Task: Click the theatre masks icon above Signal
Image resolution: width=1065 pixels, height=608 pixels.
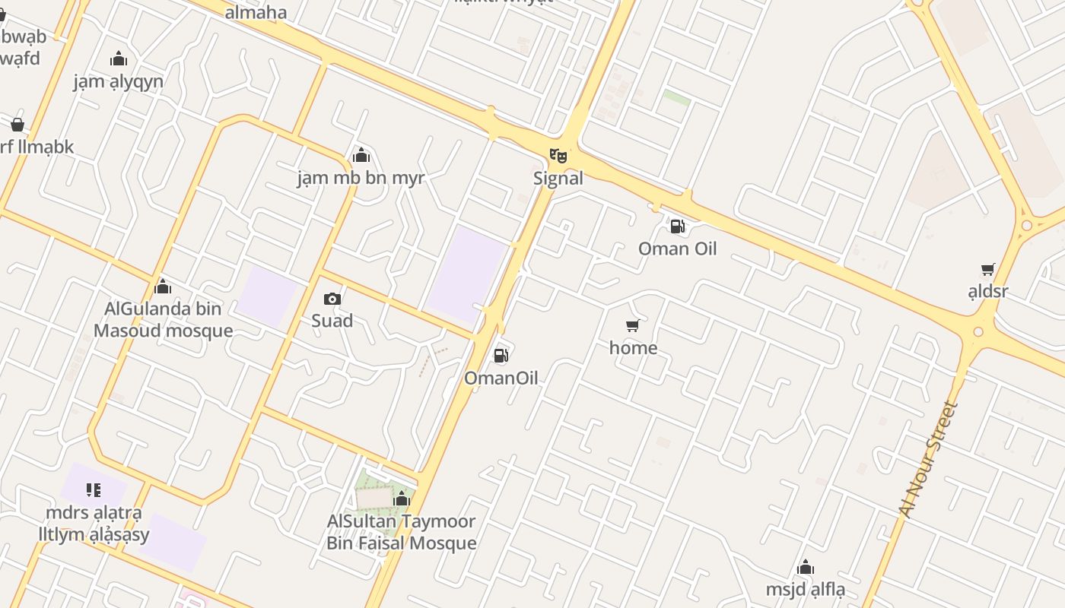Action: click(x=558, y=156)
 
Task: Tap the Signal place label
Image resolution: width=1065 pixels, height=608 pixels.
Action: click(x=558, y=179)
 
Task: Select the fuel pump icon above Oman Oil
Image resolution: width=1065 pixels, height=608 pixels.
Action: click(x=676, y=226)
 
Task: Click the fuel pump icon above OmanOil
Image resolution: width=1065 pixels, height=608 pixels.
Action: click(x=501, y=355)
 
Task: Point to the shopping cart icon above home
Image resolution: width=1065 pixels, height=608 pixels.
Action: click(x=632, y=326)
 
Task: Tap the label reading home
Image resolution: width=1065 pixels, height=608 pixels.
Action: click(x=633, y=348)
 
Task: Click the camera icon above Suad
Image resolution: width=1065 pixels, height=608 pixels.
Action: click(x=332, y=299)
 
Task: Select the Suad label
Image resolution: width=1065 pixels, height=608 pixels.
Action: click(x=332, y=321)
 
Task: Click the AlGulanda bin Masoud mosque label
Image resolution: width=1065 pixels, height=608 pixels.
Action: click(x=164, y=320)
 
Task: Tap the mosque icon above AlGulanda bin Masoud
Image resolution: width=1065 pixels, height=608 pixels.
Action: click(x=162, y=287)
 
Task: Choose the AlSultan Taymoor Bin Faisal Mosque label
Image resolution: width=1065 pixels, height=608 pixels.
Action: click(x=401, y=532)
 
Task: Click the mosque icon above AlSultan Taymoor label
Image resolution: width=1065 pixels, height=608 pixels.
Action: click(x=402, y=499)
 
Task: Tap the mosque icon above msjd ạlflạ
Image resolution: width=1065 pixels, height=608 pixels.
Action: click(x=806, y=567)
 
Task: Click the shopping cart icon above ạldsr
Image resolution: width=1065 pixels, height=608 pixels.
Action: click(x=987, y=269)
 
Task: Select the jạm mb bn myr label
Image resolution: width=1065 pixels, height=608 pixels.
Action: click(x=361, y=179)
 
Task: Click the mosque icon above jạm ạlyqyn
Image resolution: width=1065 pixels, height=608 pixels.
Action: click(x=119, y=59)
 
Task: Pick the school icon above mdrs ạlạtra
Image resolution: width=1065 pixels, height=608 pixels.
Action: click(x=93, y=490)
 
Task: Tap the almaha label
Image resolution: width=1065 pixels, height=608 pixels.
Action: click(x=256, y=12)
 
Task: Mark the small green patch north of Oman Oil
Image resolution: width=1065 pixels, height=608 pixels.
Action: click(x=676, y=98)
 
